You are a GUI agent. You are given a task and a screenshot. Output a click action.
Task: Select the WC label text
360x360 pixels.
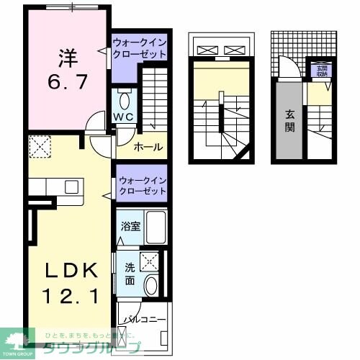pos(122,117)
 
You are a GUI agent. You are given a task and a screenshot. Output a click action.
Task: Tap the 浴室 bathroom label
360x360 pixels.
pos(130,226)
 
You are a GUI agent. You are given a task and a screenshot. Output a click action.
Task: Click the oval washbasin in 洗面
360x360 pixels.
pos(150,286)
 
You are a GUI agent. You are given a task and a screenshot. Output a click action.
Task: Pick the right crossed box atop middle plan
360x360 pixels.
pos(236,50)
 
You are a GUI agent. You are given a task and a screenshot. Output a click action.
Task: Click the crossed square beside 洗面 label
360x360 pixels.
pos(150,261)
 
